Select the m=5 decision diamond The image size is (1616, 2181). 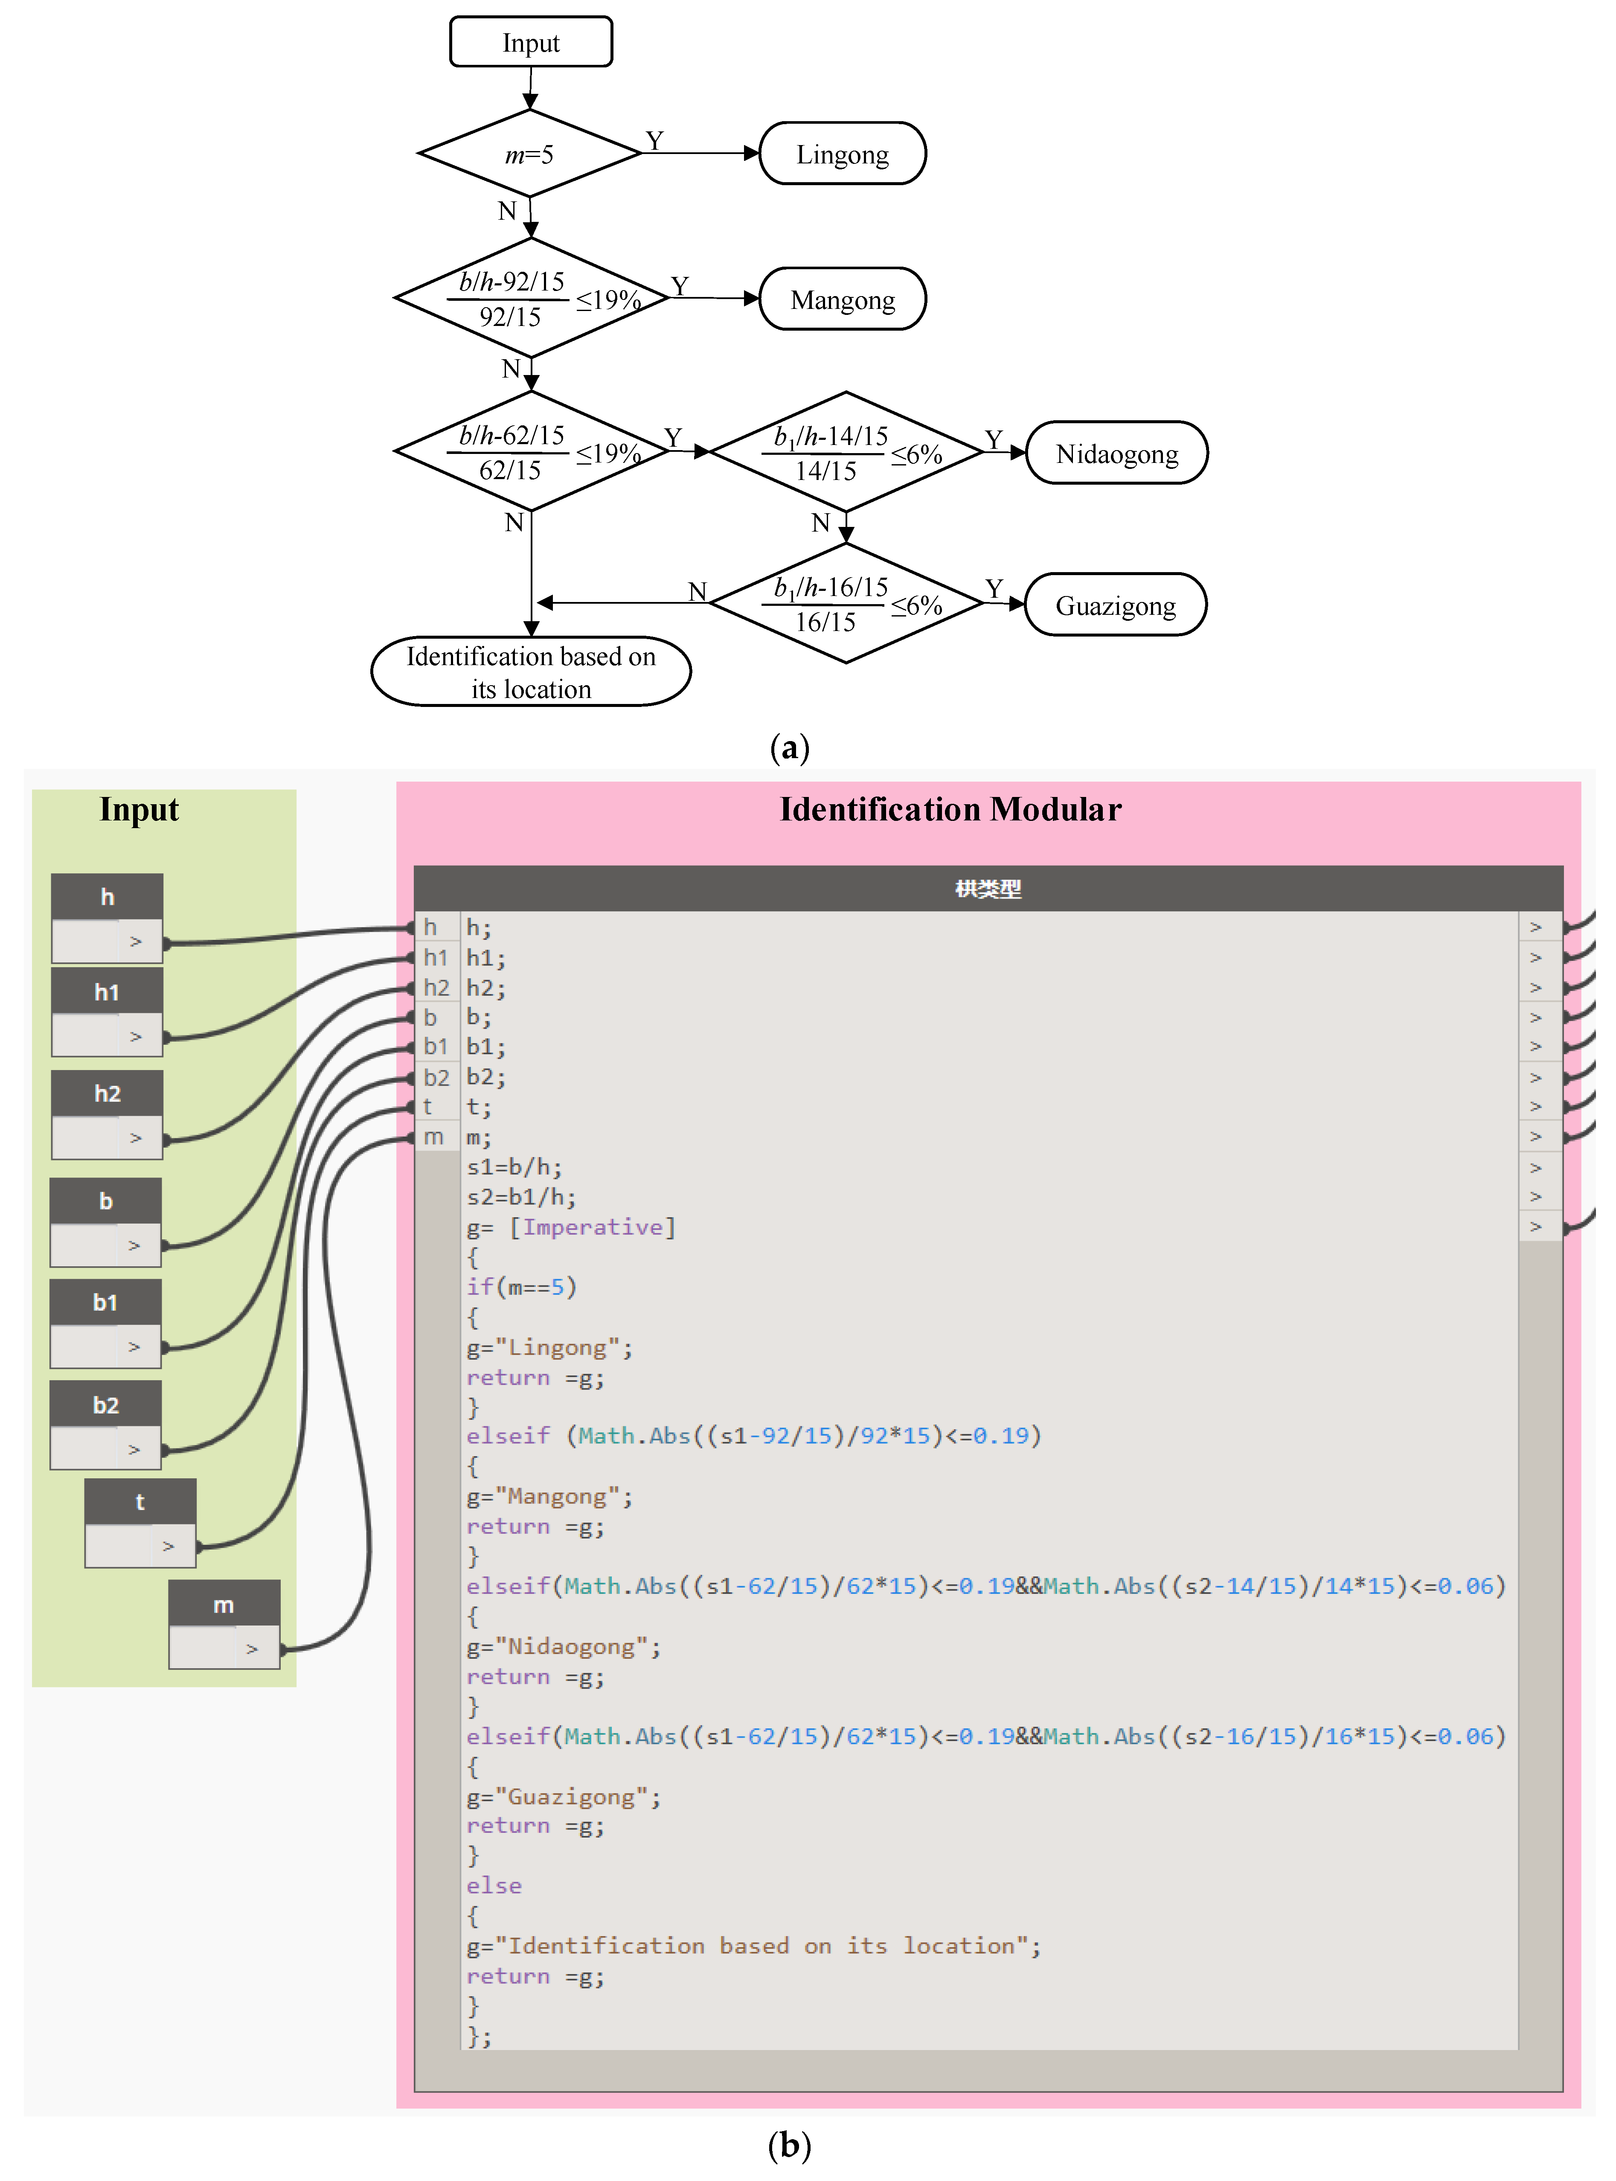pos(529,154)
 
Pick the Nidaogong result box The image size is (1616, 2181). pos(1116,453)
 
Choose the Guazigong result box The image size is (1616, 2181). pos(1115,605)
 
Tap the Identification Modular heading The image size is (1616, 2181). pos(950,810)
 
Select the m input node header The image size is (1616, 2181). pos(224,1605)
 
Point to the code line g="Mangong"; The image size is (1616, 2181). pos(550,1496)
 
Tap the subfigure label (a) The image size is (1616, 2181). pos(789,748)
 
